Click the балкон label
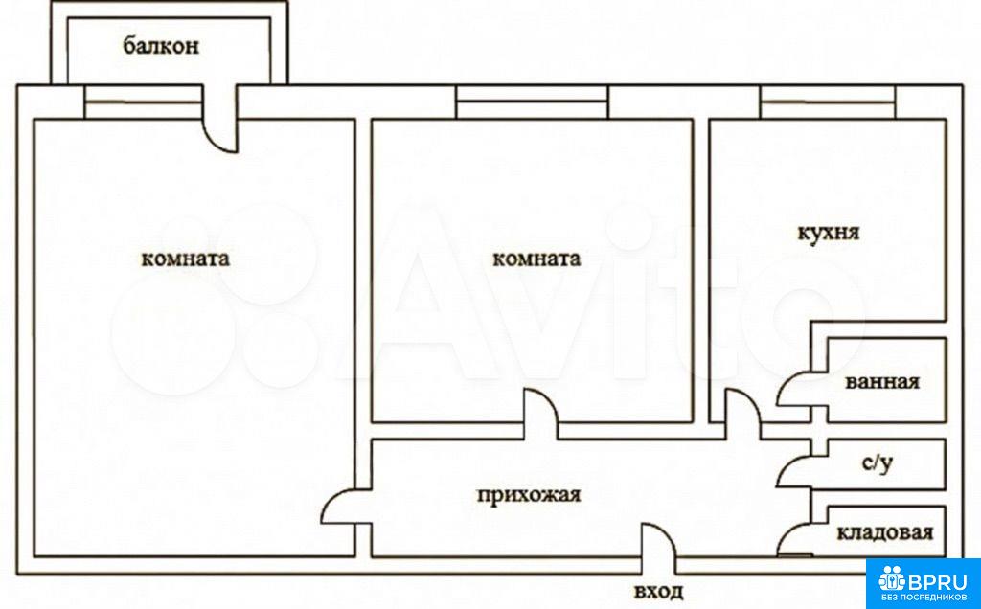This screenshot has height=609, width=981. pos(161,46)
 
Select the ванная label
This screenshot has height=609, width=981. pos(882,381)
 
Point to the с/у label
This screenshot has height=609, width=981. pos(878,464)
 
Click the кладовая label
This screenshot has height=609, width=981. pos(884,532)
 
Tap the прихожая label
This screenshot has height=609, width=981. pos(529,495)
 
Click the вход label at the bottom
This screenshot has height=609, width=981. pos(658,591)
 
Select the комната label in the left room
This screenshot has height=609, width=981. pos(185,259)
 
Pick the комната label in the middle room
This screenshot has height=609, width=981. pos(536,259)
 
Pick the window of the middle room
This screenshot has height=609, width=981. pos(532,101)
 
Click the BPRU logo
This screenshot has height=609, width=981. pos(924,583)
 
